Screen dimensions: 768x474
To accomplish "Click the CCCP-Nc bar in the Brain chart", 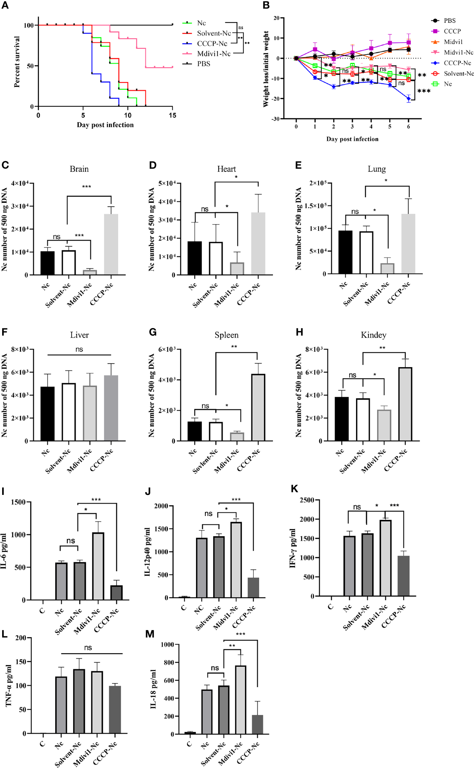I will click(111, 245).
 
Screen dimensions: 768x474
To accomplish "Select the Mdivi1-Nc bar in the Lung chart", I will click(387, 268).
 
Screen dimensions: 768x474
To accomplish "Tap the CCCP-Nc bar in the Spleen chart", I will click(258, 408).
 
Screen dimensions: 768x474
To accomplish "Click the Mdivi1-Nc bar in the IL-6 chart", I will click(98, 566).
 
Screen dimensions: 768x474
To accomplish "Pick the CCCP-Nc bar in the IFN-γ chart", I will click(403, 576).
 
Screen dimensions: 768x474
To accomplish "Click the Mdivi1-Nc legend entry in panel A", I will click(213, 53).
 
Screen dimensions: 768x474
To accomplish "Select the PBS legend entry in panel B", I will click(449, 21).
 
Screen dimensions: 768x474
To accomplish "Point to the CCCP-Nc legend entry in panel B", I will click(457, 63).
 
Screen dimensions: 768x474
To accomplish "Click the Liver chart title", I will click(79, 335).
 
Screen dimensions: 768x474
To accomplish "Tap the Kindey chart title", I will click(373, 335).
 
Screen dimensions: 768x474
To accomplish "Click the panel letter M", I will click(150, 634).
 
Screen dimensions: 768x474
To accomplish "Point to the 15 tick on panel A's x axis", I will click(172, 115).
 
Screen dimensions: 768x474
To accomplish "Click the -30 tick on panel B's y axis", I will click(275, 119).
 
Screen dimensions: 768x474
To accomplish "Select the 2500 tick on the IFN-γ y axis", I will click(307, 500).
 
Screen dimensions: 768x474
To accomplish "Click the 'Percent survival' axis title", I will click(17, 62).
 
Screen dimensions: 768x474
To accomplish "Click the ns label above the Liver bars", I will click(79, 349).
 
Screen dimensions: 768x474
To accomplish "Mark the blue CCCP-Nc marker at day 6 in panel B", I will click(408, 99).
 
